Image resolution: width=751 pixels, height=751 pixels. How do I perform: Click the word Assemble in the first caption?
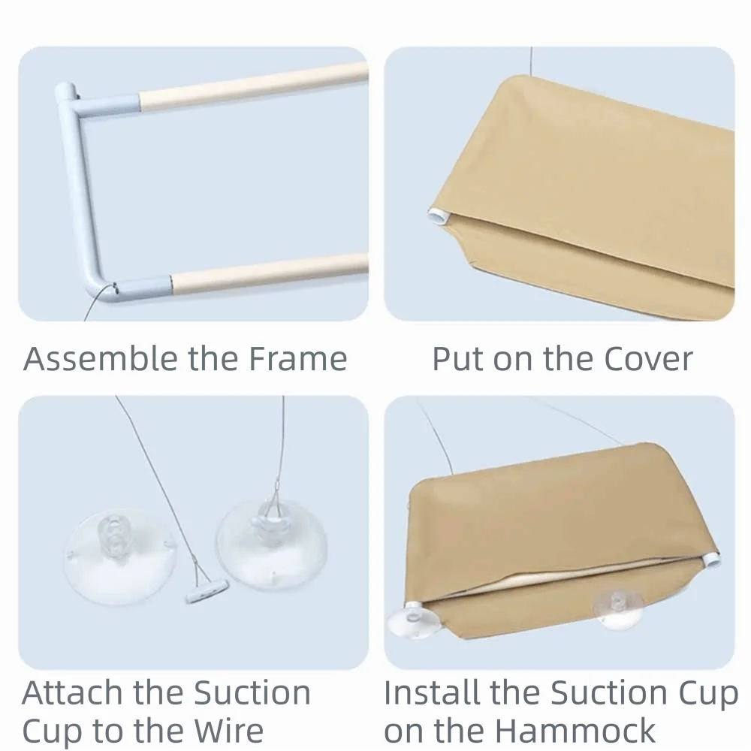tap(101, 358)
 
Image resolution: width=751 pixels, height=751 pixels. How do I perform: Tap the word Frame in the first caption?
tap(297, 358)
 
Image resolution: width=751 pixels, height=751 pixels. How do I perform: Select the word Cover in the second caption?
tap(648, 359)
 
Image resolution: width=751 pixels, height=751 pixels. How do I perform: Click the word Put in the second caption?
tap(458, 359)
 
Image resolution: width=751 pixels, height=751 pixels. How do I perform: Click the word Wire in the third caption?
tap(228, 731)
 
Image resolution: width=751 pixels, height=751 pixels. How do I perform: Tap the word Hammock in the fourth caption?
tap(575, 731)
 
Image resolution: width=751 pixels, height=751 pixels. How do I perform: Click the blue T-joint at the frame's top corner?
tap(96, 101)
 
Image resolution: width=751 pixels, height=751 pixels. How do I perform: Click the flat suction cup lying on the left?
tap(119, 556)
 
